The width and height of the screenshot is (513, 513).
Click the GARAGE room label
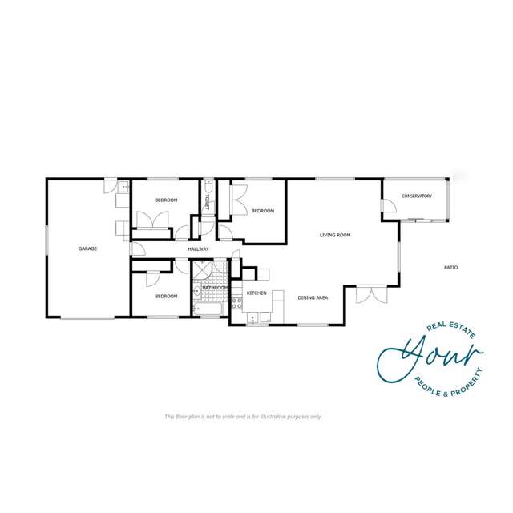coord(87,248)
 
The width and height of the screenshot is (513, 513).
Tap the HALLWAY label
coord(198,249)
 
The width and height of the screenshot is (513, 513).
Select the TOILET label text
coord(207,200)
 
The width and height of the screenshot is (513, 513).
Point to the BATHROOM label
coord(215,288)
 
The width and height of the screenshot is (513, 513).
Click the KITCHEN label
coord(256,293)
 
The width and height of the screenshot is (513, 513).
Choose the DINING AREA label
coord(313,297)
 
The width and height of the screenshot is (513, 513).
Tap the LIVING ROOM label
coord(335,235)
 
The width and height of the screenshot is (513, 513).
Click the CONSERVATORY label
coord(417,196)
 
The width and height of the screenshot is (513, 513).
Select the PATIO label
coord(451,267)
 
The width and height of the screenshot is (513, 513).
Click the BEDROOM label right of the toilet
coord(263,211)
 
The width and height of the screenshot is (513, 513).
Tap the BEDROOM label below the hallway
coord(166,296)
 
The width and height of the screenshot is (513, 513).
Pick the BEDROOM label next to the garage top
coord(166,200)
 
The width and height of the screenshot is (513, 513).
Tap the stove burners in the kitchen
coord(236,303)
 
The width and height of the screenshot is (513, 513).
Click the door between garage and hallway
coord(136,248)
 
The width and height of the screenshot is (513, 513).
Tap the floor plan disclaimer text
coord(242,417)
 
